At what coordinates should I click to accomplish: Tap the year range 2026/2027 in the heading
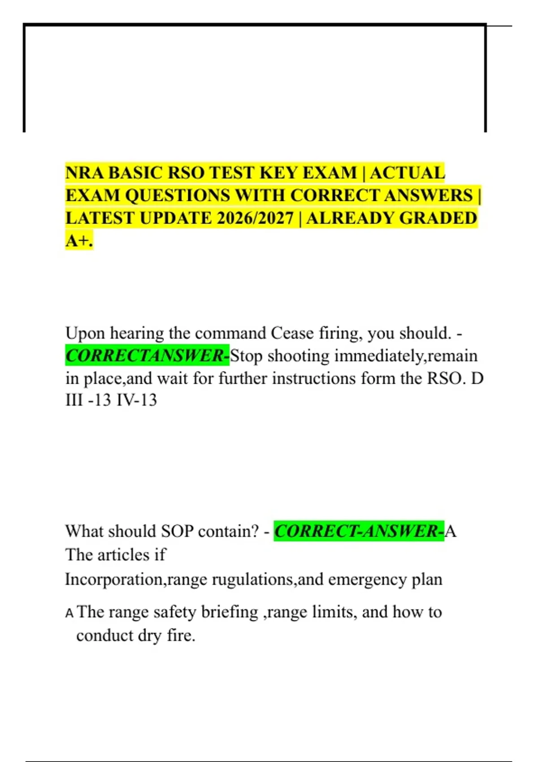(x=255, y=218)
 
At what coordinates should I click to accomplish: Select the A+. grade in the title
(x=79, y=241)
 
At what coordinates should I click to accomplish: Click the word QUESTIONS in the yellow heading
(x=177, y=196)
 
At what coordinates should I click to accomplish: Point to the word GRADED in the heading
(x=438, y=218)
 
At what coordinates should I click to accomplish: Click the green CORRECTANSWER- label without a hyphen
(x=147, y=356)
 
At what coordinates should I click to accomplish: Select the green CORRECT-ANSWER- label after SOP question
(x=359, y=531)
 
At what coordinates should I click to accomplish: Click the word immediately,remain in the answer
(x=406, y=356)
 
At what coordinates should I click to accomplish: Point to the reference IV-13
(x=137, y=400)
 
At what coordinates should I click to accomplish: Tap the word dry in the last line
(x=149, y=636)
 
